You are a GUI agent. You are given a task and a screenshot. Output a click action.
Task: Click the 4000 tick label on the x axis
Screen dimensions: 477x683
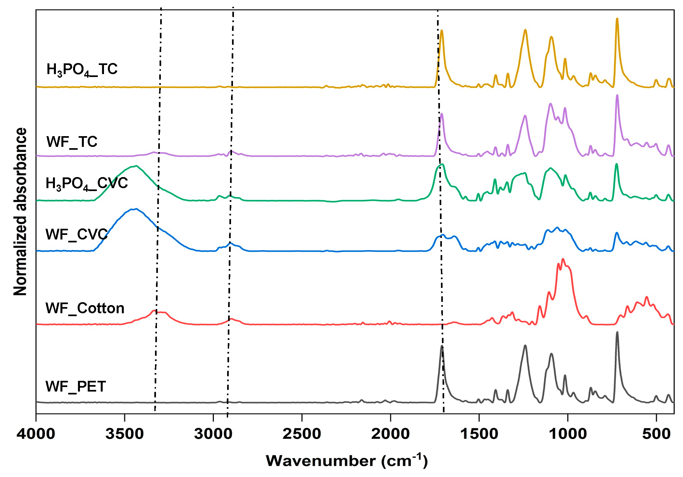pyautogui.click(x=36, y=434)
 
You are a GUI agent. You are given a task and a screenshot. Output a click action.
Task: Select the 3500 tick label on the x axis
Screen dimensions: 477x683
pyautogui.click(x=124, y=434)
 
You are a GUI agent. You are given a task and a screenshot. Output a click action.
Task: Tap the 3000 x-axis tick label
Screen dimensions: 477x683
pyautogui.click(x=213, y=434)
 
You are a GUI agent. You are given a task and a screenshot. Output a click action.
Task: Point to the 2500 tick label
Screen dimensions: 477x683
pyautogui.click(x=302, y=434)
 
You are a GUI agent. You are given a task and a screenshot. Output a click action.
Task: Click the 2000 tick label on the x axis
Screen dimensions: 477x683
pyautogui.click(x=390, y=434)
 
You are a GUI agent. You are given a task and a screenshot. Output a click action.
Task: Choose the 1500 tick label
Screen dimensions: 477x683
pyautogui.click(x=479, y=434)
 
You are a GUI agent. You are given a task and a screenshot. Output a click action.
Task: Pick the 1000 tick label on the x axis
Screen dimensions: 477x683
pyautogui.click(x=568, y=434)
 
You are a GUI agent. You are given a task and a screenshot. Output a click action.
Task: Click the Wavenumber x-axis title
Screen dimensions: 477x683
pyautogui.click(x=346, y=461)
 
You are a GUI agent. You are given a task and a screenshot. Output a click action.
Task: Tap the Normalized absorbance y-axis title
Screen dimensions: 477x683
pyautogui.click(x=20, y=211)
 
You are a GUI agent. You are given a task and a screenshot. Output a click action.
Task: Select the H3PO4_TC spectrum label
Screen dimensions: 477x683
pyautogui.click(x=82, y=70)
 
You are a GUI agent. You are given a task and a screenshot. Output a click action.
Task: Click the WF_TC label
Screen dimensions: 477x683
pyautogui.click(x=72, y=142)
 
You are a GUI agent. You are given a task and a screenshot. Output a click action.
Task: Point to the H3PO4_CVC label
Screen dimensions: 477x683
pyautogui.click(x=86, y=184)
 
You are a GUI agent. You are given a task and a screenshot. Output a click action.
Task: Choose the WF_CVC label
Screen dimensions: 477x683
pyautogui.click(x=76, y=234)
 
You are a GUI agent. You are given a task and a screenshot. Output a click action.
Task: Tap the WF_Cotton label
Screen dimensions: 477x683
pyautogui.click(x=85, y=308)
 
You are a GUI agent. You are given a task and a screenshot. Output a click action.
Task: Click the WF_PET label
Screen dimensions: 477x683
pyautogui.click(x=76, y=386)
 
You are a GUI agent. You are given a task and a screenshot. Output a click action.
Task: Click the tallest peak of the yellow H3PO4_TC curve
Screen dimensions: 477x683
pyautogui.click(x=617, y=19)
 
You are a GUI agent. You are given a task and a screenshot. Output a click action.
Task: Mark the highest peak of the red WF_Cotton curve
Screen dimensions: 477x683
pyautogui.click(x=563, y=259)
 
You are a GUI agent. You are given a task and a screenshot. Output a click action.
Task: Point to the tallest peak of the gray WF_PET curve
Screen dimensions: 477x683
pyautogui.click(x=617, y=332)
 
